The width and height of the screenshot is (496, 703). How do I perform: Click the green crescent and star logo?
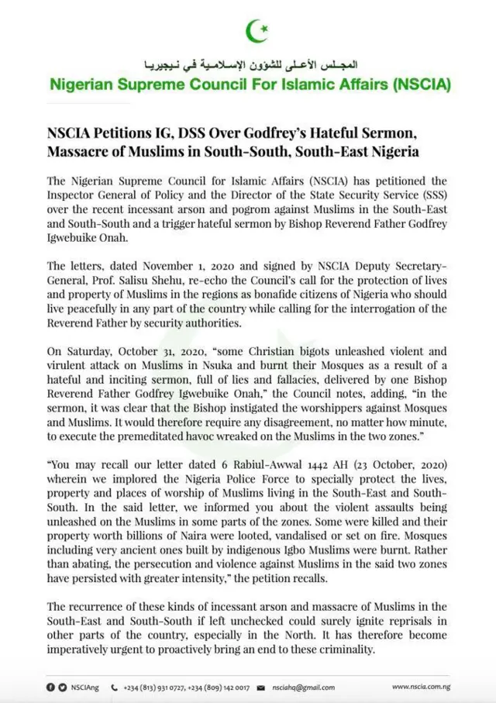(x=257, y=32)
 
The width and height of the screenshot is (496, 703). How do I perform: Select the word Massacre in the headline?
(x=81, y=150)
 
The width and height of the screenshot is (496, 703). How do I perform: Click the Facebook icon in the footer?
(x=51, y=687)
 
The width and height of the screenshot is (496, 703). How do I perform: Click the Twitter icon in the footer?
(x=62, y=687)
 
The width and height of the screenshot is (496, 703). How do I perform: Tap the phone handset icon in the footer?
(x=115, y=687)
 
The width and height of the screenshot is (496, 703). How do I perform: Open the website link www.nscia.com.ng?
(x=422, y=687)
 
